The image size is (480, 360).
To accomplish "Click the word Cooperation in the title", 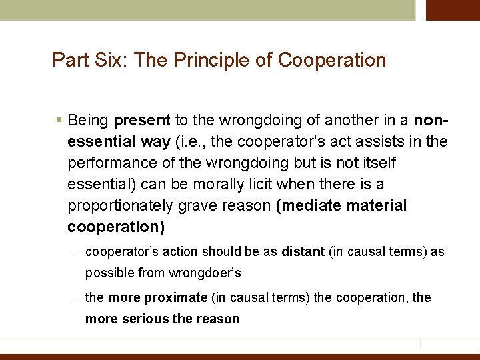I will click(x=332, y=60).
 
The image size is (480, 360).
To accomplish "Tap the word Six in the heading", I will click(x=111, y=60).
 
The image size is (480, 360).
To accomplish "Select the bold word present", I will click(x=142, y=121).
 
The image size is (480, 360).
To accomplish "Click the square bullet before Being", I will click(x=59, y=121).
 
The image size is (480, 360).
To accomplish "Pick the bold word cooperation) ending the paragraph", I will click(x=116, y=227).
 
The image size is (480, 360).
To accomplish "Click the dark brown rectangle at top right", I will click(x=453, y=10).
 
